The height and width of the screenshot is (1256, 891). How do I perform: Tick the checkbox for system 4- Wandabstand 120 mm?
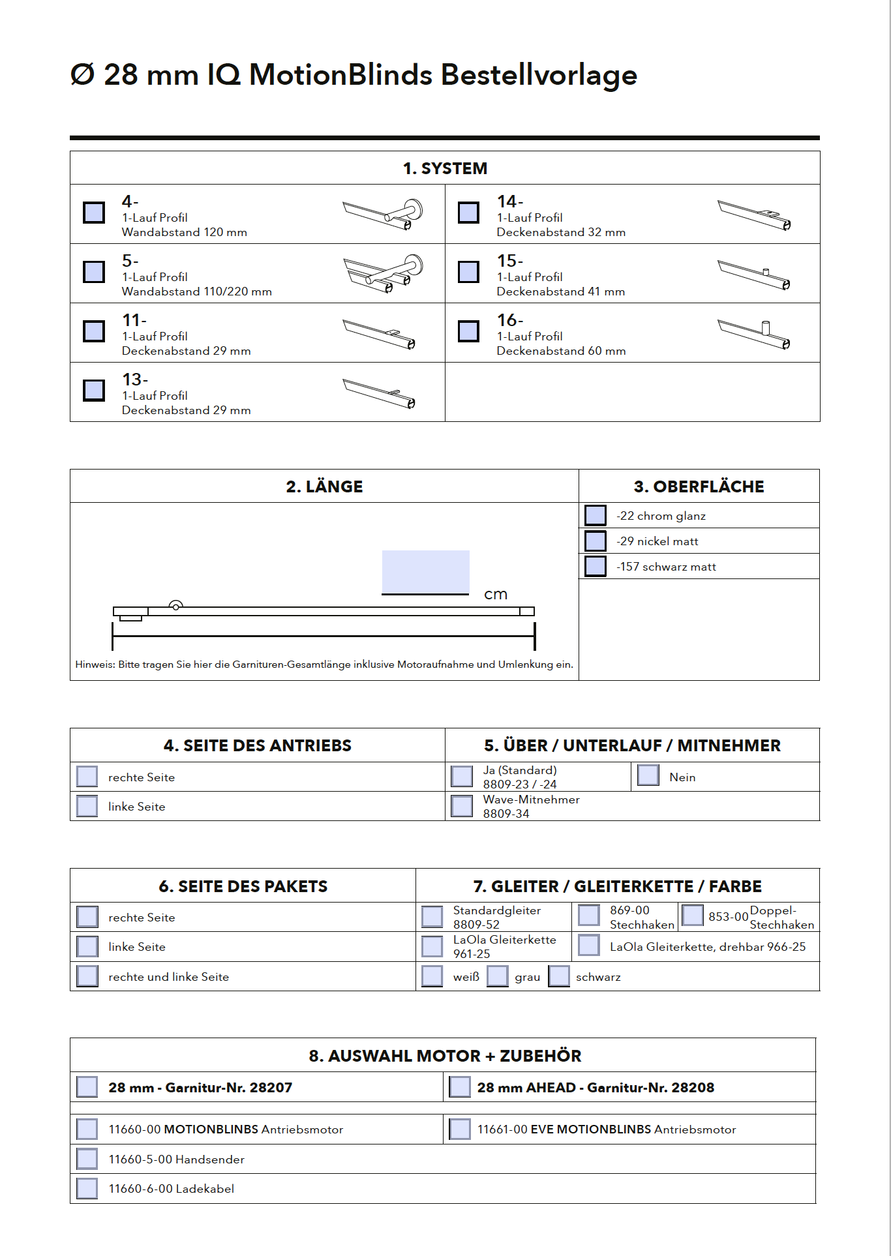[x=94, y=213]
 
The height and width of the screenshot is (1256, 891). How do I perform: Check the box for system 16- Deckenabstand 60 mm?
[x=468, y=331]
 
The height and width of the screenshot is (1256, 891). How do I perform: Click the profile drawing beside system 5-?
[x=383, y=273]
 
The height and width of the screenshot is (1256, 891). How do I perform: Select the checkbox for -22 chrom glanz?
[x=595, y=515]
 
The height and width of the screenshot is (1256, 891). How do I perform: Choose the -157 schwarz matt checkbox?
[x=595, y=566]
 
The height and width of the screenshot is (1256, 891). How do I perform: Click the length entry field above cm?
[x=425, y=572]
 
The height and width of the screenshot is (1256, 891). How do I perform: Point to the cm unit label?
[x=496, y=594]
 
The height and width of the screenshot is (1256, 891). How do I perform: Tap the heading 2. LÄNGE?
[x=324, y=486]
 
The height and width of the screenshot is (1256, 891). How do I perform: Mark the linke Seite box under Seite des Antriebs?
[x=87, y=806]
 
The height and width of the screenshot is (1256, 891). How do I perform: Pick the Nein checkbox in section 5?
[x=648, y=775]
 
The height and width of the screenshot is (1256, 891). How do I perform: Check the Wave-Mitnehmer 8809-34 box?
[x=462, y=806]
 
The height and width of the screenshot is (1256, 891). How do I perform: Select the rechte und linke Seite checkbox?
[x=87, y=976]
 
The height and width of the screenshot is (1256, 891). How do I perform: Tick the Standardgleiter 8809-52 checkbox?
[x=432, y=916]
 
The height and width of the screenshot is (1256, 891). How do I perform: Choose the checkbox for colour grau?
[x=498, y=976]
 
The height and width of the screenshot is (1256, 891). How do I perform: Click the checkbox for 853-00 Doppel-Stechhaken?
[x=692, y=916]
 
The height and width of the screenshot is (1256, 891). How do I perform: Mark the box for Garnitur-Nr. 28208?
[x=460, y=1087]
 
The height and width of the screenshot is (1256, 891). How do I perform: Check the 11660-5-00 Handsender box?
[x=87, y=1159]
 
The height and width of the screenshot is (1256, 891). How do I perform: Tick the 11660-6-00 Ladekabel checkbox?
[x=87, y=1188]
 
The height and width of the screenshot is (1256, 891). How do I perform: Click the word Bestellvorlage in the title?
[x=539, y=75]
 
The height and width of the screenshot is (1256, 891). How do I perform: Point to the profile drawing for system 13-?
[x=380, y=393]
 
